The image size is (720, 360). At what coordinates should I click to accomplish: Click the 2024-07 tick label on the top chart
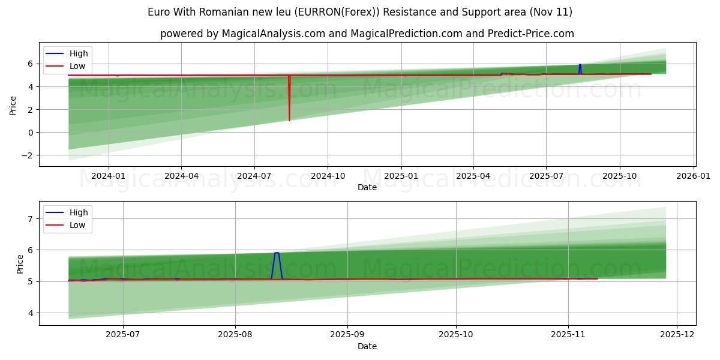tap(254, 176)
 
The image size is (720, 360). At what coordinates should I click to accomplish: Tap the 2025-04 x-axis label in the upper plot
tap(473, 176)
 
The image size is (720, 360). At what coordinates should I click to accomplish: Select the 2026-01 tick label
tap(694, 176)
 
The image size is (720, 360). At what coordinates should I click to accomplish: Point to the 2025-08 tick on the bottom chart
tap(235, 335)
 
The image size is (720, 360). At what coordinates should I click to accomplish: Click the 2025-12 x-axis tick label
tap(677, 335)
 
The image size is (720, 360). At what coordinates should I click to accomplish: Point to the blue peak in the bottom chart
tap(277, 253)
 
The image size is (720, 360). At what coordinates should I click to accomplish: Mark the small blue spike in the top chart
tap(580, 65)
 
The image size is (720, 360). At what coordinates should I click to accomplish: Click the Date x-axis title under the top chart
tap(367, 187)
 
